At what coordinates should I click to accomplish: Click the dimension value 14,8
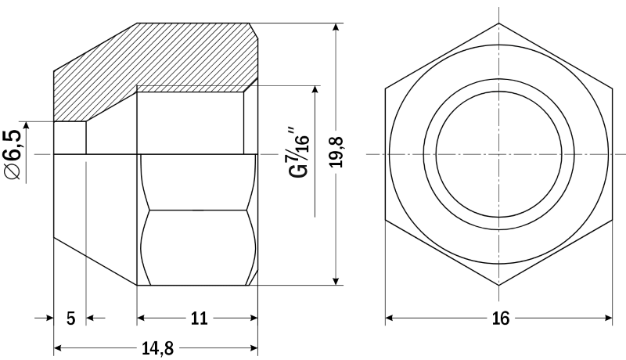(x=158, y=348)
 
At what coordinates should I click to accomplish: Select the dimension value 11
(x=200, y=318)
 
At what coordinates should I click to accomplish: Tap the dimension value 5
(x=70, y=319)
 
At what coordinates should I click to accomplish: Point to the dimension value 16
(x=501, y=318)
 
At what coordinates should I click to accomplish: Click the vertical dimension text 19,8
(x=336, y=152)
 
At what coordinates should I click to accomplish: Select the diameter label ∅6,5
(x=13, y=154)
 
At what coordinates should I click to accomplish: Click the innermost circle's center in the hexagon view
(x=498, y=154)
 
